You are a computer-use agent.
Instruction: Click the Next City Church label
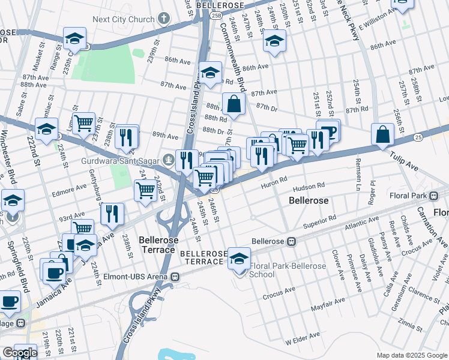[x=124, y=19]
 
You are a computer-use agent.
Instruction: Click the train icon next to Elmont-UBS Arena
[x=175, y=277]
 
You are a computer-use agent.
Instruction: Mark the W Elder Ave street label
[x=300, y=341]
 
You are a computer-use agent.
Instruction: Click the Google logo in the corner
[x=19, y=353]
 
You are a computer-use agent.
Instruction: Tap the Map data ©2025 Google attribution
[x=412, y=355]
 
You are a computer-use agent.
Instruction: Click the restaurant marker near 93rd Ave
[x=112, y=214]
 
